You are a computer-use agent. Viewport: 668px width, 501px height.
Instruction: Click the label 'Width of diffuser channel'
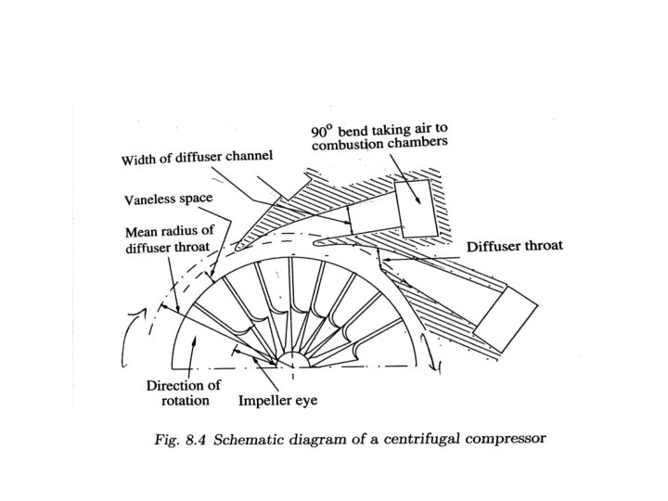pos(199,159)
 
